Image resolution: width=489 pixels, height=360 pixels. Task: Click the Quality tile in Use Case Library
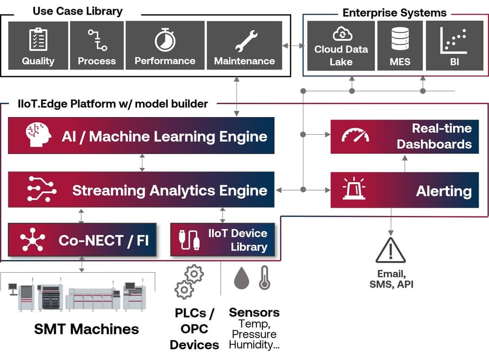(x=38, y=46)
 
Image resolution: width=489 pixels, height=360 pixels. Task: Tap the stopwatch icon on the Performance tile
(x=165, y=40)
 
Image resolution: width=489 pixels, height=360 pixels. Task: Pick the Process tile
(x=96, y=46)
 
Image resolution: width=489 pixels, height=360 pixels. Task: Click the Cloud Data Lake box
(x=341, y=46)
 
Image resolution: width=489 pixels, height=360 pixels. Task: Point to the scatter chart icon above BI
(x=453, y=40)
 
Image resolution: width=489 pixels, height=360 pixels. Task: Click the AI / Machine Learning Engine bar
(x=141, y=136)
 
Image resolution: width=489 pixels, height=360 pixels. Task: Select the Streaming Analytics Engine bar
(x=141, y=190)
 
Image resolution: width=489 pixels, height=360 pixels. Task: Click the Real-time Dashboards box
(x=404, y=136)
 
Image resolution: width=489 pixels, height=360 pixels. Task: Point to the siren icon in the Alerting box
(x=353, y=190)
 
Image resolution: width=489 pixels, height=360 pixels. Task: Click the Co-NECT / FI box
(x=82, y=240)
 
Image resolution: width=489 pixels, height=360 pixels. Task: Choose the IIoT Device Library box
(x=222, y=240)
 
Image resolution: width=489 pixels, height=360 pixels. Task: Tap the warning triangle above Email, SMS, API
(x=390, y=251)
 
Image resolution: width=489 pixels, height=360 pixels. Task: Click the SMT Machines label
(x=87, y=329)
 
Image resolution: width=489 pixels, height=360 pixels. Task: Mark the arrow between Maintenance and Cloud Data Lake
(x=293, y=46)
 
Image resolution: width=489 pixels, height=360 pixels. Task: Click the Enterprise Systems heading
(x=395, y=13)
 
